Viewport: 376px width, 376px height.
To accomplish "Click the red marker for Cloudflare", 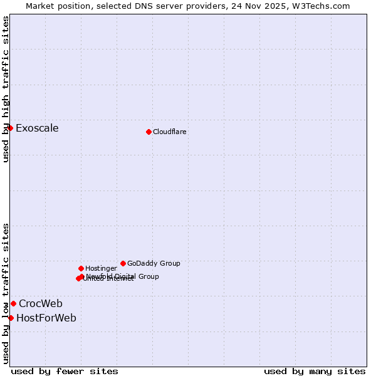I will [x=149, y=132].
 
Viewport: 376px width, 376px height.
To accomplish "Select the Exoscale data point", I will [x=10, y=128].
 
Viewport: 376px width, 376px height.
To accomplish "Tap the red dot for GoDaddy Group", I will [x=123, y=263].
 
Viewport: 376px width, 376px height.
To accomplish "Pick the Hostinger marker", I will [x=81, y=268].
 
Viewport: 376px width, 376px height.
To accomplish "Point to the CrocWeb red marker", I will [x=13, y=303].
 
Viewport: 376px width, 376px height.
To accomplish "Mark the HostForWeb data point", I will [x=11, y=318].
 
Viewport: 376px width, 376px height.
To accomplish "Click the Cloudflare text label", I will [x=170, y=132].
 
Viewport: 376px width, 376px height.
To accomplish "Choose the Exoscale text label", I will [x=37, y=128].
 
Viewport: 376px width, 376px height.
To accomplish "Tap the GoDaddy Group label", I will [x=154, y=264].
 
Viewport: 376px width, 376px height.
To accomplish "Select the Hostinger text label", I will [x=101, y=269].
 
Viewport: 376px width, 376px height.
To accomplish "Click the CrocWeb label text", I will [x=41, y=304].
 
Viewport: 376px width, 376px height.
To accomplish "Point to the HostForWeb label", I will [x=46, y=318].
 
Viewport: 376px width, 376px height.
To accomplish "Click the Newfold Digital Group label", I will [x=123, y=276].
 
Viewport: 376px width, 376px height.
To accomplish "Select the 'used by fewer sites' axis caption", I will [x=65, y=371].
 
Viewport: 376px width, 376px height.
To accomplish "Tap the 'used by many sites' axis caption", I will [x=315, y=371].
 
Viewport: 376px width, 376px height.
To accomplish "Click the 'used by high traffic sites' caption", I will [x=6, y=89].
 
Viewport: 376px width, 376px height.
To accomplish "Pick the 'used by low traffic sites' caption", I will [x=6, y=293].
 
